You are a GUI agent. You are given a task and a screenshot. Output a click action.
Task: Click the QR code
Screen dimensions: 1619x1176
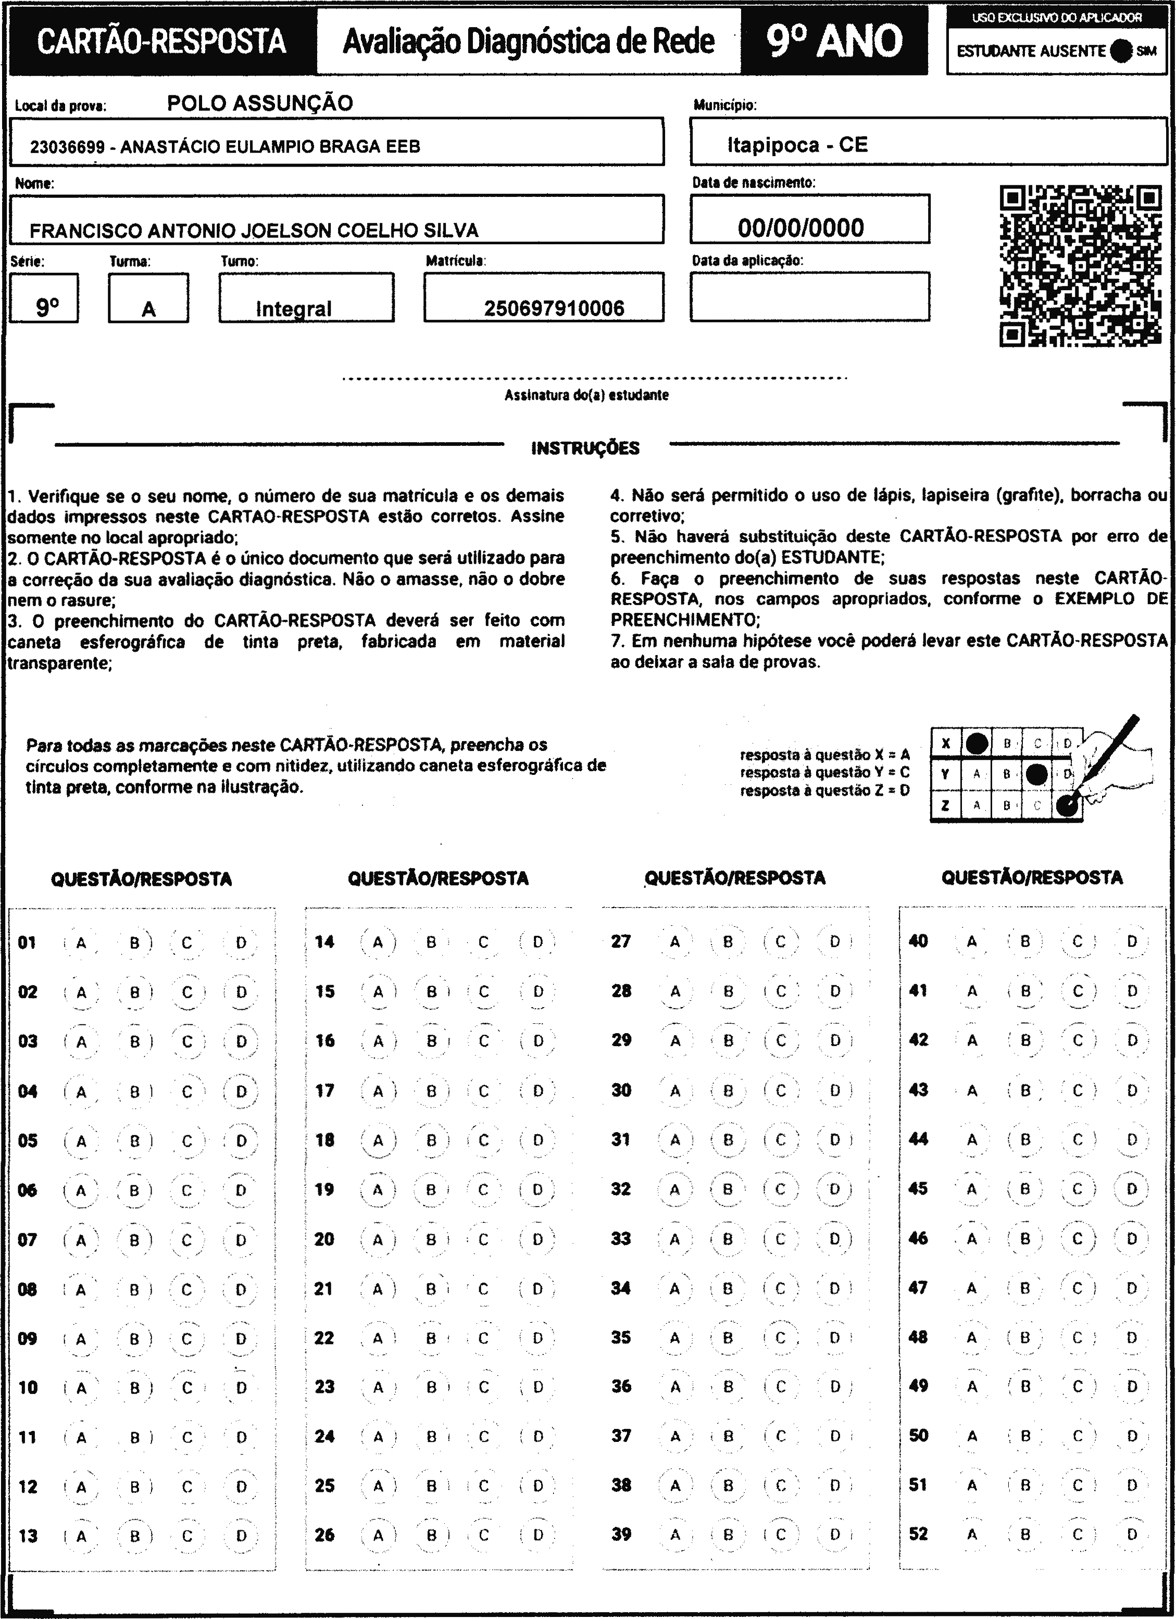1080,266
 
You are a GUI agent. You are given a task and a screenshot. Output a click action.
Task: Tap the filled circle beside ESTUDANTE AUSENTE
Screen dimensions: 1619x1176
1122,51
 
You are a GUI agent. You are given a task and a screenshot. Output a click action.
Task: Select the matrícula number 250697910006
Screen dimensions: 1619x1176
554,308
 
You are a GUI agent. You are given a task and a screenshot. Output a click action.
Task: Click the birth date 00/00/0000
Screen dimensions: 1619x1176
800,228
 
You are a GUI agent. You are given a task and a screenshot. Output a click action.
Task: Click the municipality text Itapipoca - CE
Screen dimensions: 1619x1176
797,145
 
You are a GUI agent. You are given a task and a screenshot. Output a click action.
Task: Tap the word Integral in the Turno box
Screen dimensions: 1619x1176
293,308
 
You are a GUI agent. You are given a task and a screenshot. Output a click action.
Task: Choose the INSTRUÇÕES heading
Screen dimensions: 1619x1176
585,448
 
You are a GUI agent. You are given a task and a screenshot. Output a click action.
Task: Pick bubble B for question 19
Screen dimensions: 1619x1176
431,1189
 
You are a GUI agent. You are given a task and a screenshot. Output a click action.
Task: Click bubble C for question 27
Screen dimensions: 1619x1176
780,942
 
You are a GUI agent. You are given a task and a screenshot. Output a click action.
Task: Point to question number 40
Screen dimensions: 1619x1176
918,941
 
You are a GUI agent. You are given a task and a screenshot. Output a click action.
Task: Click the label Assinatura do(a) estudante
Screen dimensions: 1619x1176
586,395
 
